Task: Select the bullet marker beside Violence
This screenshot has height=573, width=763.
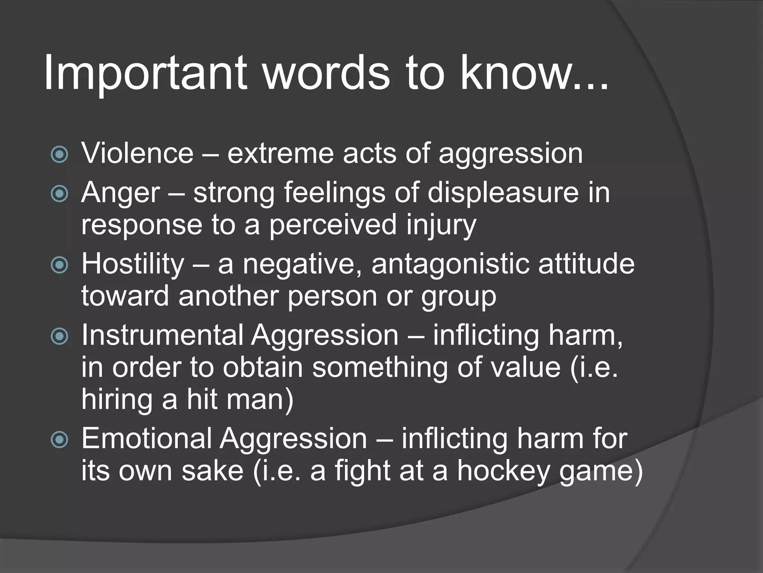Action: pyautogui.click(x=60, y=154)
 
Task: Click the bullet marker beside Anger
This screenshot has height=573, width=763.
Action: pyautogui.click(x=60, y=194)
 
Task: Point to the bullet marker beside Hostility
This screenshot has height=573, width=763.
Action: pyautogui.click(x=60, y=265)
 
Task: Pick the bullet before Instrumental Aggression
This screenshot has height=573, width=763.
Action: pyautogui.click(x=60, y=336)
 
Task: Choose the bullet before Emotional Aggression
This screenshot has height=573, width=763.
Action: pyautogui.click(x=60, y=439)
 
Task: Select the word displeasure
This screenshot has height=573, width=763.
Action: pyautogui.click(x=503, y=193)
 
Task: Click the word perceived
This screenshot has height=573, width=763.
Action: pyautogui.click(x=333, y=225)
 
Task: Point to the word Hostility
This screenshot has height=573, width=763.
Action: pyautogui.click(x=133, y=264)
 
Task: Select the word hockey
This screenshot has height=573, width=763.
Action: pyautogui.click(x=503, y=471)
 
